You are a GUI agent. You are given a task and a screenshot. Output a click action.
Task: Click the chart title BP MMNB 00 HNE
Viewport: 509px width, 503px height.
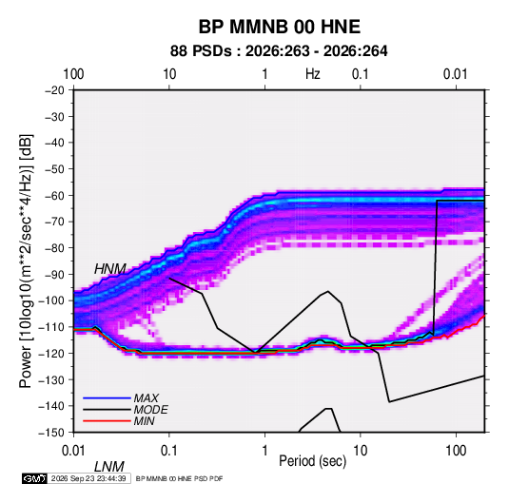(279, 27)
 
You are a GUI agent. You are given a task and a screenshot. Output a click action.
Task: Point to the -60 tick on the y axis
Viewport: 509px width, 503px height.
(55, 195)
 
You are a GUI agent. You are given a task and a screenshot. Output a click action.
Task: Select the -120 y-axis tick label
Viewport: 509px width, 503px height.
(51, 353)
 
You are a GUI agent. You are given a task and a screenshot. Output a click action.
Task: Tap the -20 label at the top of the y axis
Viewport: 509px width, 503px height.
(55, 90)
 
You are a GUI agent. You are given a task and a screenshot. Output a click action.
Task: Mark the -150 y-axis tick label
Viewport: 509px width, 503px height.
(51, 433)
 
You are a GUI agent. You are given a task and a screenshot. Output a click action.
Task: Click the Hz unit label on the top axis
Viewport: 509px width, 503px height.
(313, 74)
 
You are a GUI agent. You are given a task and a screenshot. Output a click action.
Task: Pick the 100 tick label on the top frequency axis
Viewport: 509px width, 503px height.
(73, 74)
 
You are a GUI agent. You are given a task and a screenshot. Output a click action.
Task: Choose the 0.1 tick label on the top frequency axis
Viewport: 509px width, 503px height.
(361, 74)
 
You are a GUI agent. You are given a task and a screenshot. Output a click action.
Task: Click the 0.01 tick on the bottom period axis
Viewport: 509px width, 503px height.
(73, 451)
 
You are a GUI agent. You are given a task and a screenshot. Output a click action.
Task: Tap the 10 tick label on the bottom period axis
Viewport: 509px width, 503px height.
(361, 451)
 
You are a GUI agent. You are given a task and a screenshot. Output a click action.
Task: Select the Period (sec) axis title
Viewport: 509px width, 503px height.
(313, 461)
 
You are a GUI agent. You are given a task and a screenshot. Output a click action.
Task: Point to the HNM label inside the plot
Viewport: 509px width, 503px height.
(110, 269)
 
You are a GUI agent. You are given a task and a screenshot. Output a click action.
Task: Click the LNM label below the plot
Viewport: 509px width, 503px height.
(109, 467)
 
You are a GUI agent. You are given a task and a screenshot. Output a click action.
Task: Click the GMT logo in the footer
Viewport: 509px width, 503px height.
(34, 478)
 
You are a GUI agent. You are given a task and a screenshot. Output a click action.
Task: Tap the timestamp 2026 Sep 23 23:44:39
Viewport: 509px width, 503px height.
(88, 478)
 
